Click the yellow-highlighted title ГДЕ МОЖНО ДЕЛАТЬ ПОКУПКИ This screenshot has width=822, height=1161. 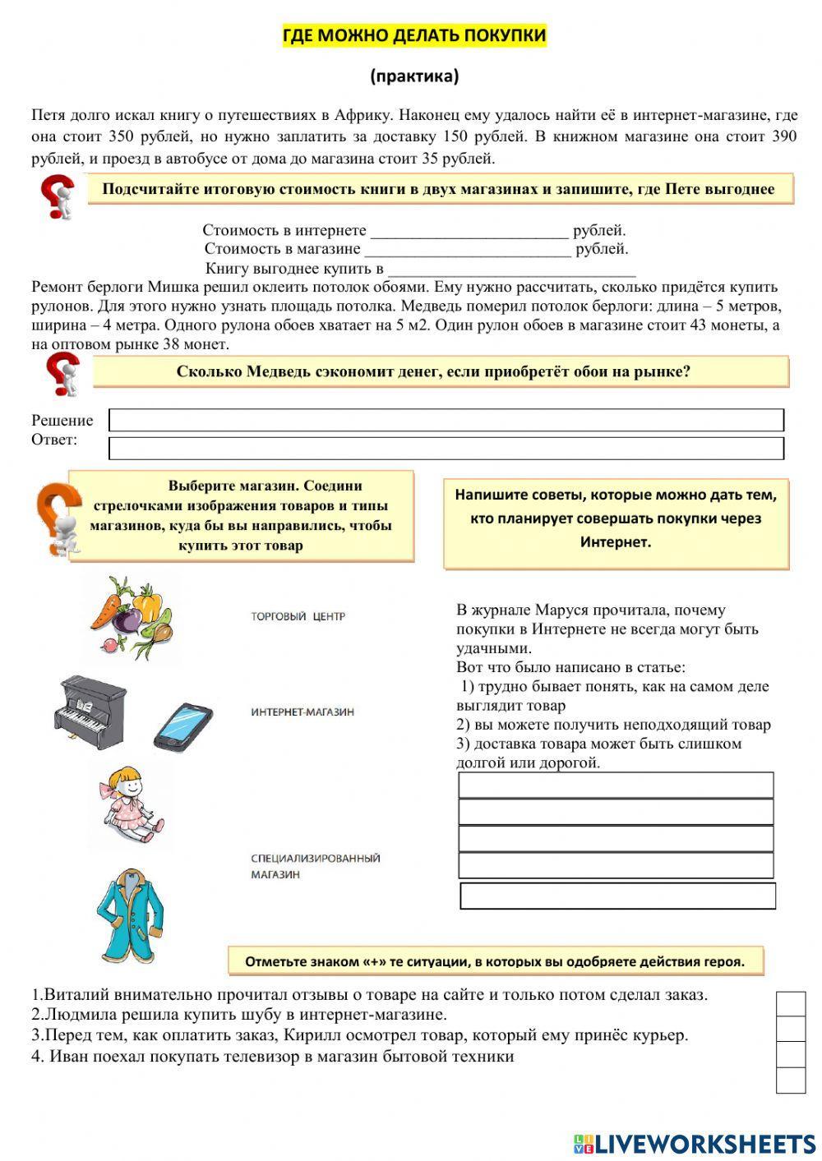pyautogui.click(x=414, y=36)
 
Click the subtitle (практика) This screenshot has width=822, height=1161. pyautogui.click(x=414, y=76)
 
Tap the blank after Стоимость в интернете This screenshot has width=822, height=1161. pyautogui.click(x=469, y=231)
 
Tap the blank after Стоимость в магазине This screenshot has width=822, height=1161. pyautogui.click(x=467, y=249)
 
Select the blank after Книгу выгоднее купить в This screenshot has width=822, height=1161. pyautogui.click(x=511, y=269)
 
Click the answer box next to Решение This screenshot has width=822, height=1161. pyautogui.click(x=446, y=420)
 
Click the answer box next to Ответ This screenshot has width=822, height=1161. pyautogui.click(x=446, y=448)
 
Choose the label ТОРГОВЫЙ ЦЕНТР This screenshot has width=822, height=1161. pyautogui.click(x=298, y=616)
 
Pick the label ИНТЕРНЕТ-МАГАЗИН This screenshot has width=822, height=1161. pyautogui.click(x=302, y=712)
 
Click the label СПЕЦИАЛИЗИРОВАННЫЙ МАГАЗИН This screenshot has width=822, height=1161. pyautogui.click(x=315, y=866)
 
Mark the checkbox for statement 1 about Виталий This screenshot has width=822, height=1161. pyautogui.click(x=791, y=1004)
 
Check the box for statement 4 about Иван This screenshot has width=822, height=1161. pyautogui.click(x=791, y=1080)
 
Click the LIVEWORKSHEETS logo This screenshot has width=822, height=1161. pyautogui.click(x=695, y=1143)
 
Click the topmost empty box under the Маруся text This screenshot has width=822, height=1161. pyautogui.click(x=616, y=785)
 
